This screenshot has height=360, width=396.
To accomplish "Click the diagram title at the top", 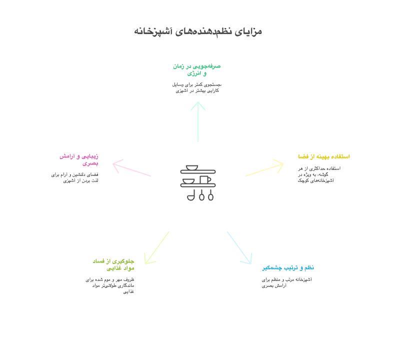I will (198, 31).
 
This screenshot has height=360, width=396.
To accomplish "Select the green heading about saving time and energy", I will (197, 69).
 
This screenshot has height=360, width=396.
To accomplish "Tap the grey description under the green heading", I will (196, 87).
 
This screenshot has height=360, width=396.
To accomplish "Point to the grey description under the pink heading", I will (74, 177).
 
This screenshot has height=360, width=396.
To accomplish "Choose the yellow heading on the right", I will (323, 156).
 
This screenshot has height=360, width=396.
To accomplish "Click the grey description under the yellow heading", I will (319, 174).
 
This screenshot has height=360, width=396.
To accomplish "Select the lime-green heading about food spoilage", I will (113, 264).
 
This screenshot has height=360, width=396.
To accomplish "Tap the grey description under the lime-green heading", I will (110, 285).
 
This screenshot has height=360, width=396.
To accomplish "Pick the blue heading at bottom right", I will (287, 268).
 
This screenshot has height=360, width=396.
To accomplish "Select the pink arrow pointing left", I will (131, 168).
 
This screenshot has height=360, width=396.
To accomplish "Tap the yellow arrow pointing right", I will (264, 168).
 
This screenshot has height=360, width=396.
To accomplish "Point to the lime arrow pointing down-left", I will (156, 248).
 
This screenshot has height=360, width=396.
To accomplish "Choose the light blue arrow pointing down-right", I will (239, 247).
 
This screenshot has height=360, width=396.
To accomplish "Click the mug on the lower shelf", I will (205, 179).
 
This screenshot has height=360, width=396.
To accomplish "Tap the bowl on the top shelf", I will (192, 167).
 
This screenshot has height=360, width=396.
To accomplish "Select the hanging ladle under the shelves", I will (190, 195).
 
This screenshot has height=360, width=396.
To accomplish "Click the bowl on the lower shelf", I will (189, 180).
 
